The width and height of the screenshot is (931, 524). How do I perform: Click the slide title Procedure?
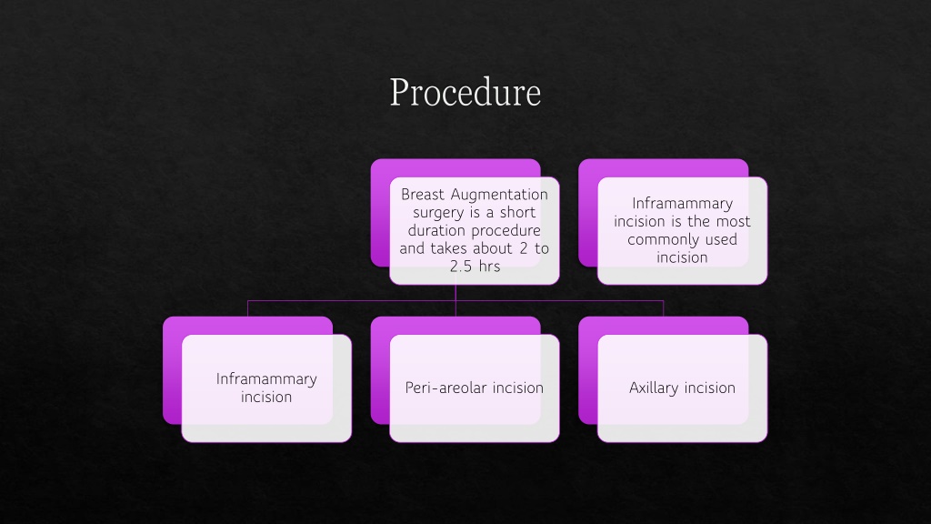point(465,92)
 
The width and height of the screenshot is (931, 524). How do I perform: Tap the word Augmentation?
point(499,195)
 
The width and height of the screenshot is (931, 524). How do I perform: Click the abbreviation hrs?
point(489,267)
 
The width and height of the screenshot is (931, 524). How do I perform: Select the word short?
point(517,213)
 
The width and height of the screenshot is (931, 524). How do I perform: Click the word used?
point(722,239)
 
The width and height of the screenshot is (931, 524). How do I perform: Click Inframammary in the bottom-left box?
point(266,379)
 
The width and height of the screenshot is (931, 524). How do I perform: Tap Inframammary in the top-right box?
point(682,204)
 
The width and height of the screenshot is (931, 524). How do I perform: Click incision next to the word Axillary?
point(709,388)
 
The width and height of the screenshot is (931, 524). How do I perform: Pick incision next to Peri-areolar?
point(517,388)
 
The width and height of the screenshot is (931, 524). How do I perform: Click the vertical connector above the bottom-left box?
point(247,309)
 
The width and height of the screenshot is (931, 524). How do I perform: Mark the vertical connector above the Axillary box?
point(663,309)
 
